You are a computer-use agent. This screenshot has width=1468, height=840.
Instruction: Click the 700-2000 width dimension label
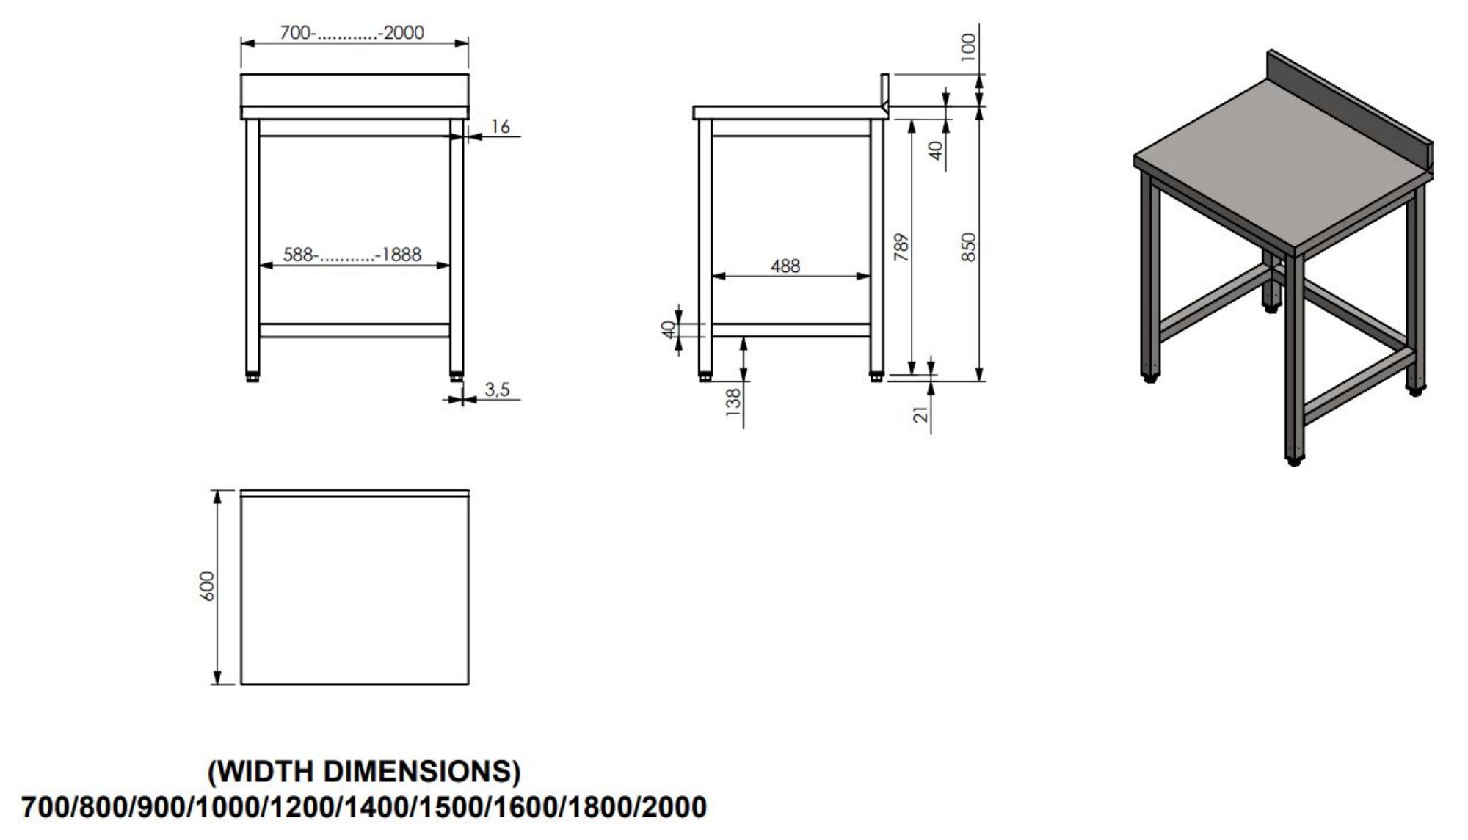tap(352, 32)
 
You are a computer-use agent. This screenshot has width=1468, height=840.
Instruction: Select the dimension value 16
tap(500, 126)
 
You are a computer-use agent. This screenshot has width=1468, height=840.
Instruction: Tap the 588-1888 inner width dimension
tap(352, 255)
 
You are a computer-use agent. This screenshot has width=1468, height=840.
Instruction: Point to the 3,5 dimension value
tap(497, 390)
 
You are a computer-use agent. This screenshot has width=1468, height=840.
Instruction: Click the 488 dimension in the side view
tap(785, 266)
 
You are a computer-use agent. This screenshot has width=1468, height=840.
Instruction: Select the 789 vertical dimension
tap(901, 247)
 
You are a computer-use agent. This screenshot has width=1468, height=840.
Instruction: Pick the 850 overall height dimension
tap(969, 247)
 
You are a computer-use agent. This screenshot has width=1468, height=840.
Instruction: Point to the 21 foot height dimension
tap(921, 414)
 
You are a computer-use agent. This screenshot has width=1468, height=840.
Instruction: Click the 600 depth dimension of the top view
tap(208, 586)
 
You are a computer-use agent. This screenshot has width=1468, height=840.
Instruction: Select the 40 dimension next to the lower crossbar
tap(668, 330)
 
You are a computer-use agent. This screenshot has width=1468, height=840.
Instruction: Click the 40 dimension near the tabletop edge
tap(936, 150)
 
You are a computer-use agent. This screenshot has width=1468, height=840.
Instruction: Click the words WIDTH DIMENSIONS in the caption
tap(365, 771)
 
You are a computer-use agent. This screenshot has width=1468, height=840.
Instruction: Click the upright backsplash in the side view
tap(885, 90)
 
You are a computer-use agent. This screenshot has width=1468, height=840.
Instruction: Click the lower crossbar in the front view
tap(355, 330)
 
